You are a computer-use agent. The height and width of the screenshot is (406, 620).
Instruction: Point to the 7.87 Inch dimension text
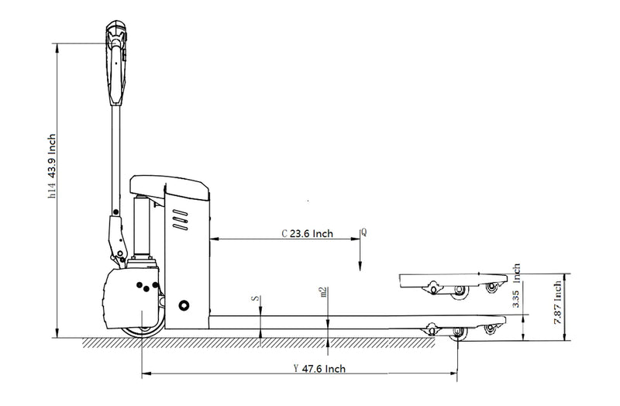pos(557,303)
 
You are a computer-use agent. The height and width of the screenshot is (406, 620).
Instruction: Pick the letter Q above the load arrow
pos(363,232)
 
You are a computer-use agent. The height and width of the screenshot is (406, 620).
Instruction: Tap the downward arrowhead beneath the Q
pos(360,267)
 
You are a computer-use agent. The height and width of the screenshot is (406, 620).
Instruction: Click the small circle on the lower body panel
pos(184,304)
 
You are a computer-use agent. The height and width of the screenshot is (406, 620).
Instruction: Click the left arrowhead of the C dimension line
pos(214,239)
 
